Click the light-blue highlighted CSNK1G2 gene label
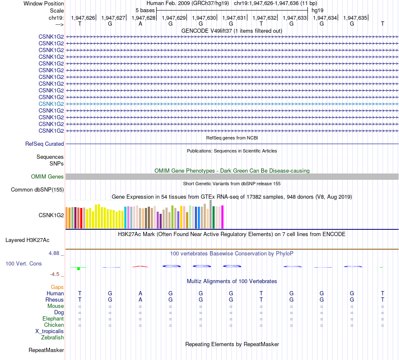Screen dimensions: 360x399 pyautogui.click(x=51, y=104)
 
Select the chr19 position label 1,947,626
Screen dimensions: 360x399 pyautogui.click(x=83, y=18)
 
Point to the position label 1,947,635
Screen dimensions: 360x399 pyautogui.click(x=355, y=18)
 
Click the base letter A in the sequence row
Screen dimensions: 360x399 pyautogui.click(x=140, y=24)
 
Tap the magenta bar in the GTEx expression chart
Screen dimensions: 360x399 pyautogui.click(x=222, y=217)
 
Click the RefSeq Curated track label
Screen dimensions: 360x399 pyautogui.click(x=45, y=144)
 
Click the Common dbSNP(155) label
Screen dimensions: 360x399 pyautogui.click(x=37, y=190)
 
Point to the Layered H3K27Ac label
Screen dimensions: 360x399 pyautogui.click(x=27, y=240)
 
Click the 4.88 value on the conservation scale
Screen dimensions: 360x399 pyautogui.click(x=55, y=253)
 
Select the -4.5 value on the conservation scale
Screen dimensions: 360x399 pyautogui.click(x=55, y=274)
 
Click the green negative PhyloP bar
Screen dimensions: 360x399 pyautogui.click(x=78, y=268)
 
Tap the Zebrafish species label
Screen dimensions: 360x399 pyautogui.click(x=52, y=337)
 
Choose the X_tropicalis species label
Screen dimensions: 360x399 pyautogui.click(x=50, y=331)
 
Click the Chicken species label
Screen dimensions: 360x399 pyautogui.click(x=54, y=325)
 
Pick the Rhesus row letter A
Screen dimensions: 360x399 pyautogui.click(x=140, y=300)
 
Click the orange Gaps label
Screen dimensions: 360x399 pyautogui.click(x=57, y=287)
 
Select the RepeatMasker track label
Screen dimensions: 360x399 pyautogui.click(x=46, y=350)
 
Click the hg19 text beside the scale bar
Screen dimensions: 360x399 pyautogui.click(x=317, y=10)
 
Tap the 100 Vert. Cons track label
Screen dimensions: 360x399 pyautogui.click(x=24, y=263)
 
